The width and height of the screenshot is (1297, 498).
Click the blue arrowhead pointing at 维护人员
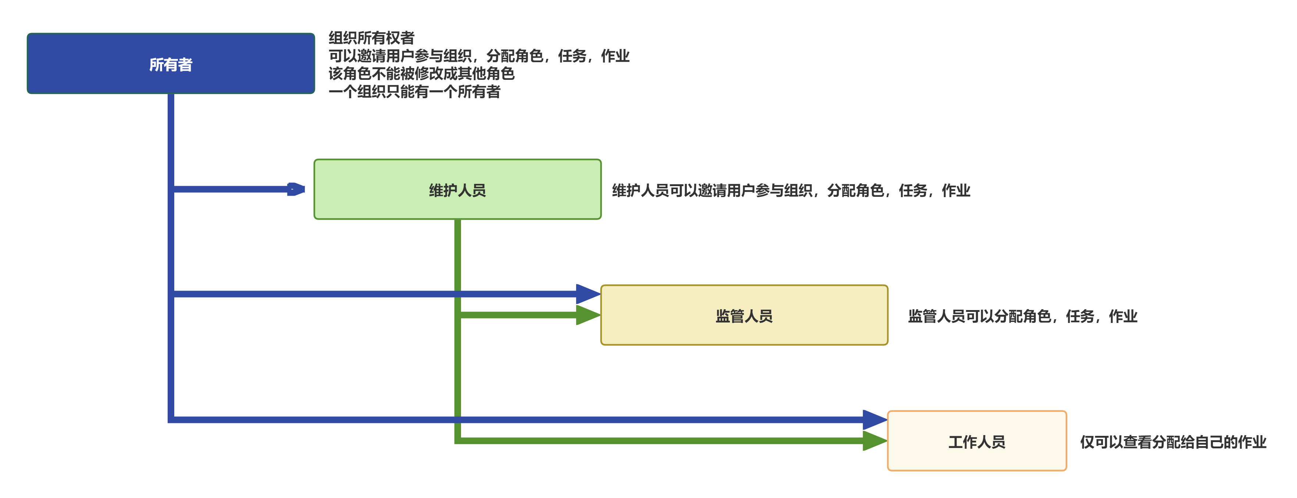tap(296, 189)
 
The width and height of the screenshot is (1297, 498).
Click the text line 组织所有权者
tap(372, 38)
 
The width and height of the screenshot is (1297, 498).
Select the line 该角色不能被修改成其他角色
tap(421, 74)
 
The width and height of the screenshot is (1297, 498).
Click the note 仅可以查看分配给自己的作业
tap(1173, 442)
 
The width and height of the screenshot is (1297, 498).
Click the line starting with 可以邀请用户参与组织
tap(479, 56)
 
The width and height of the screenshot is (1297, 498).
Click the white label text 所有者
tap(171, 64)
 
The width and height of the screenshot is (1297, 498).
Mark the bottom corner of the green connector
tap(458, 441)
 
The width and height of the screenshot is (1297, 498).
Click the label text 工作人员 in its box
tap(977, 442)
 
